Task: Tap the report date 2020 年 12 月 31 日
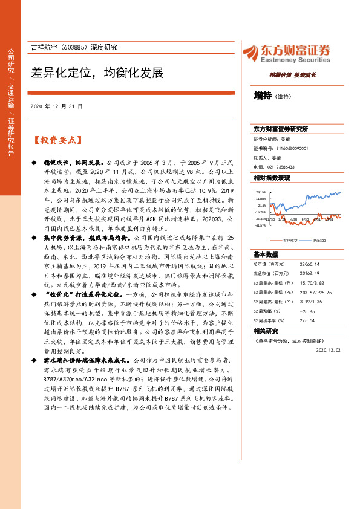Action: [x=56, y=106]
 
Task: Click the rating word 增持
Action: [x=263, y=95]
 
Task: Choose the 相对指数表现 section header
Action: [x=272, y=178]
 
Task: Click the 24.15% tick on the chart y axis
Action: [x=261, y=192]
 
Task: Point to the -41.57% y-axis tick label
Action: [x=261, y=225]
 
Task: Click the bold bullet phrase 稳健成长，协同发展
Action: [x=65, y=163]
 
